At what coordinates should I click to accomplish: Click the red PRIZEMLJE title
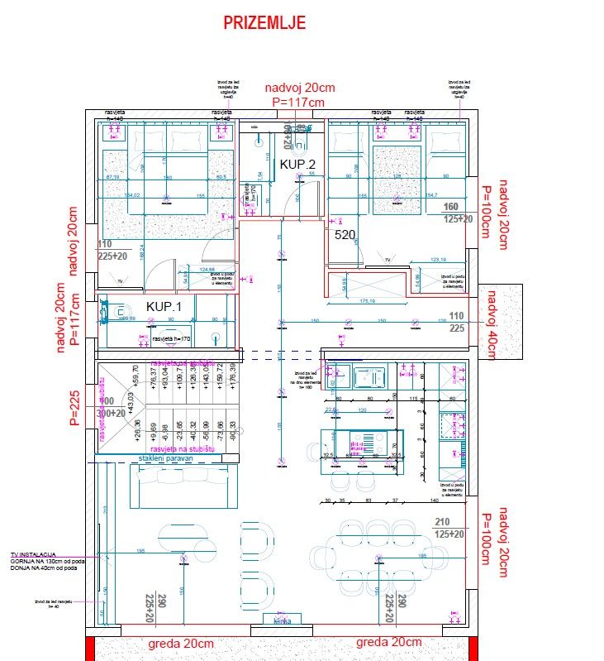click(x=264, y=22)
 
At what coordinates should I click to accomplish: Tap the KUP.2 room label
click(x=297, y=165)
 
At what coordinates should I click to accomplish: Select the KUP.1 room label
click(x=164, y=306)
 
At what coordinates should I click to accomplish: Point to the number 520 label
click(x=345, y=235)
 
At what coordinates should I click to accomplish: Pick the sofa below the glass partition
click(x=181, y=485)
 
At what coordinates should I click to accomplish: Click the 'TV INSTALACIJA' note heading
click(x=33, y=553)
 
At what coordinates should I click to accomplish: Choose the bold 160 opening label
click(x=451, y=207)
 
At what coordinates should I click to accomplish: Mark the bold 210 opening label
click(x=443, y=522)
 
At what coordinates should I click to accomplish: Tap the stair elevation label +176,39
click(x=233, y=378)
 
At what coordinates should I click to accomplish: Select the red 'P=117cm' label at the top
click(x=298, y=102)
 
